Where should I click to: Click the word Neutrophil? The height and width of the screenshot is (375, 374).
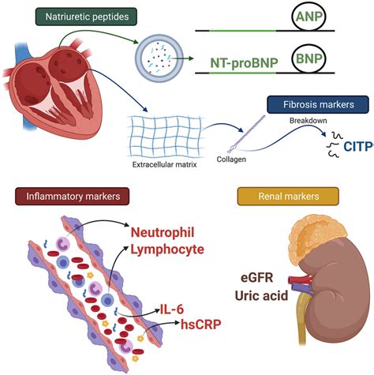coord(171,233)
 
